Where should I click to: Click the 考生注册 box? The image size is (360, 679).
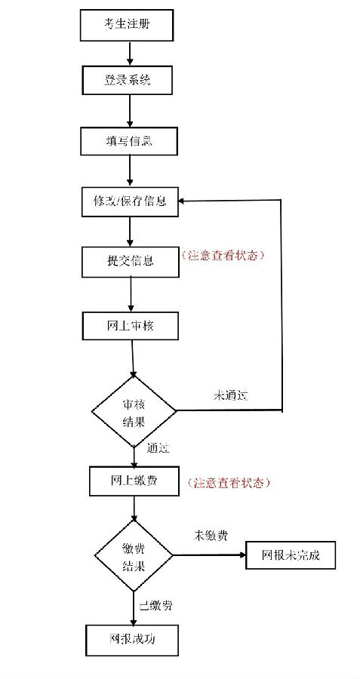[x=127, y=26]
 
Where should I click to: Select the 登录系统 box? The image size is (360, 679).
[x=128, y=80]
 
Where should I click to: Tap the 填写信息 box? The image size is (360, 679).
[x=128, y=141]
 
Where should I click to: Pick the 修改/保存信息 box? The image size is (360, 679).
[x=130, y=201]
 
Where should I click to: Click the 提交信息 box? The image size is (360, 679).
[x=130, y=262]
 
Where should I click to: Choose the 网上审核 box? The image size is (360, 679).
[x=130, y=325]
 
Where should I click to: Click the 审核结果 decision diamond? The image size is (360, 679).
[x=134, y=411]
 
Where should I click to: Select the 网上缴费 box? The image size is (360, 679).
[x=134, y=481]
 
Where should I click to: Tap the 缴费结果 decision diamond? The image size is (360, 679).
[x=134, y=555]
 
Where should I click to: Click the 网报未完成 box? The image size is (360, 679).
[x=291, y=555]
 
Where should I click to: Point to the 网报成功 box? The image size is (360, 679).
[x=131, y=640]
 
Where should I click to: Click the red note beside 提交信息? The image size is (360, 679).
[x=223, y=255]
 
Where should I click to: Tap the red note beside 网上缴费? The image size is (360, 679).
[x=229, y=483]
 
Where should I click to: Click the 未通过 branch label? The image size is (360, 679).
[x=231, y=395]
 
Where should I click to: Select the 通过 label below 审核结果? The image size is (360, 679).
[x=158, y=449]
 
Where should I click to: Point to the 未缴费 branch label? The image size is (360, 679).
[x=211, y=536]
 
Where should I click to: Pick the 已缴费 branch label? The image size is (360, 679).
[x=156, y=606]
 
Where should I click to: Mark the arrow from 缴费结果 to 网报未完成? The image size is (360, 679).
[x=209, y=555]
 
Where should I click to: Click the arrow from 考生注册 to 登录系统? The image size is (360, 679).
[x=129, y=54]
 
